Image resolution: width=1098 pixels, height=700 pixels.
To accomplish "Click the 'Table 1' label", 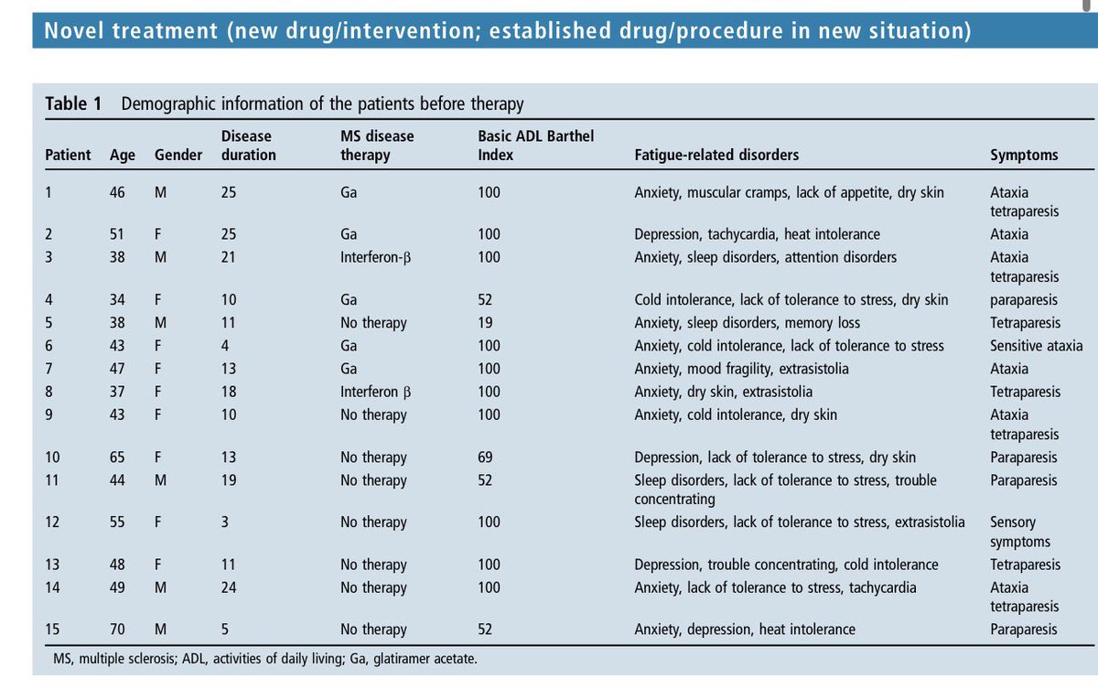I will pos(73,104).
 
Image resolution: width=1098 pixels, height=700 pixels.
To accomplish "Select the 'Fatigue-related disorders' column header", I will pos(716,155).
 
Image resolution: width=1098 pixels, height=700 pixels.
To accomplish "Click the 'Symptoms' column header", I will pos(1023,155).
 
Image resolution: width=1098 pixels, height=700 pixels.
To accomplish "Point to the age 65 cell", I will pos(118,458).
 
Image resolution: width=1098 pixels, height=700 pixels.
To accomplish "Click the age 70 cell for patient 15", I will pos(118,630).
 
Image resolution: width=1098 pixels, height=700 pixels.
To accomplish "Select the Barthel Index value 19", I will pos(485,323).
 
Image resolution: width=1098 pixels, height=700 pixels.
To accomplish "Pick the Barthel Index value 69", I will pos(485,458).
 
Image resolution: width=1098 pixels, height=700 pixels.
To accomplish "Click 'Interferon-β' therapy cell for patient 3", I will pos(375,257).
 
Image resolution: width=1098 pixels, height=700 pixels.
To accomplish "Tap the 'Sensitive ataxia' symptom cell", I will pos(1036,346).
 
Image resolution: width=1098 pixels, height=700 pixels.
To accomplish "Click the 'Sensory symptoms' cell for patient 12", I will pos(1013,532).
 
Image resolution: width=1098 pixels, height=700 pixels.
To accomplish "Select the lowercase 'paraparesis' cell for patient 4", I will pos(1023,300).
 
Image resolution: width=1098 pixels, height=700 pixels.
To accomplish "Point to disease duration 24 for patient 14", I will pos(229,587).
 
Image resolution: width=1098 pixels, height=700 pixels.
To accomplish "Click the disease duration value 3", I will pos(225,522).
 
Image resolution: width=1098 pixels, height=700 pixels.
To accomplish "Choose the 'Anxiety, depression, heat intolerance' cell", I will pos(744,630).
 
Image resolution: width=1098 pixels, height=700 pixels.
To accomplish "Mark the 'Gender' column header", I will pos(178,155).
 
